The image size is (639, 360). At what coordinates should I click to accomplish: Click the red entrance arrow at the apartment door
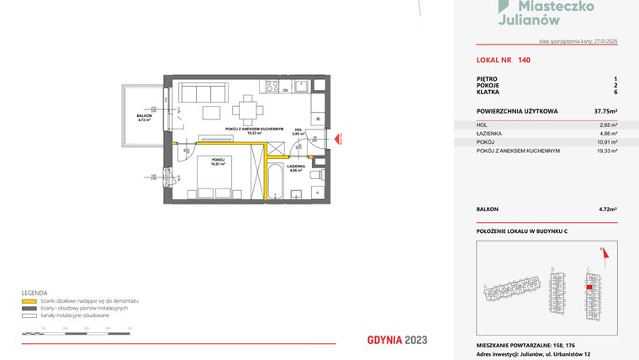click(x=336, y=140)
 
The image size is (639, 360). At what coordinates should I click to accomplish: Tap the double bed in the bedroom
click(x=217, y=178)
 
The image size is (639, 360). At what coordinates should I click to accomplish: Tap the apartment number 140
click(x=524, y=60)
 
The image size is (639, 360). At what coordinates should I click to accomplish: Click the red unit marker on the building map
click(x=589, y=287)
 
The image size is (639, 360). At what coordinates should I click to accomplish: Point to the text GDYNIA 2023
click(x=398, y=340)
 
